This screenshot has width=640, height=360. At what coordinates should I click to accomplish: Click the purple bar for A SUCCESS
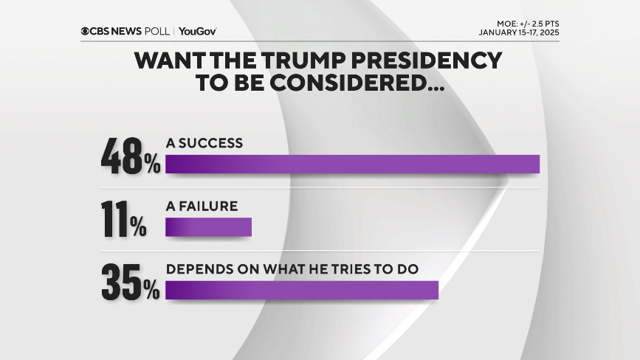click(x=352, y=164)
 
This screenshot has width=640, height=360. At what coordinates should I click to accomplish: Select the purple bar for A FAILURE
click(x=208, y=227)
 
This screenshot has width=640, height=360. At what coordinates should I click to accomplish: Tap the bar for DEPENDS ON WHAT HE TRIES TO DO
click(x=302, y=290)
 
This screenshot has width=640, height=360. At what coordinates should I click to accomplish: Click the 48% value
click(x=131, y=156)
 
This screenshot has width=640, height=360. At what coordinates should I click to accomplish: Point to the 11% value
click(x=122, y=219)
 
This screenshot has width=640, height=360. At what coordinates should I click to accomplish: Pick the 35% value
click(x=131, y=282)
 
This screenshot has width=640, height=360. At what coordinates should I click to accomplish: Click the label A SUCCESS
click(x=204, y=143)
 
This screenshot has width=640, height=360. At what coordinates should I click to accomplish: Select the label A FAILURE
click(x=202, y=207)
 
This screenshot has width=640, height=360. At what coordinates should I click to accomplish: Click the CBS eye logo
click(x=86, y=32)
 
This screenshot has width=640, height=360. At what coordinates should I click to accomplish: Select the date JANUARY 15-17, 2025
click(x=518, y=33)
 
